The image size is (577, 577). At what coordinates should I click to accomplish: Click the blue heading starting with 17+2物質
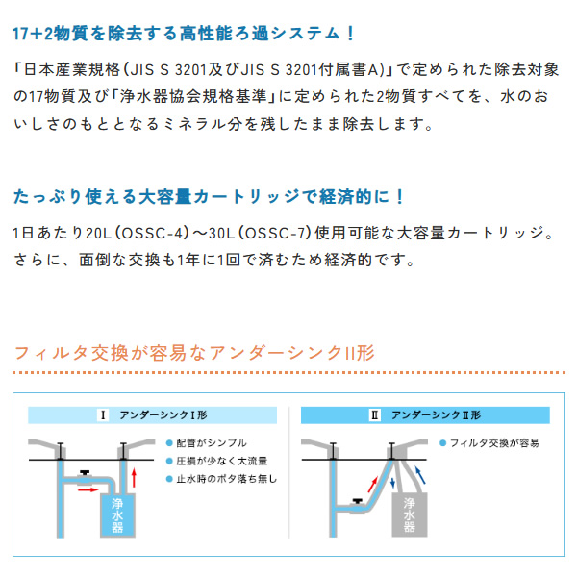[184, 34]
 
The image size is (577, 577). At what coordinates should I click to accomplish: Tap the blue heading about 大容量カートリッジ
[209, 197]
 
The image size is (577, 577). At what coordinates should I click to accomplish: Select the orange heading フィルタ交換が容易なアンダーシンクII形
[194, 353]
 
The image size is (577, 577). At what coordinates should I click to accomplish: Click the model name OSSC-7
[276, 233]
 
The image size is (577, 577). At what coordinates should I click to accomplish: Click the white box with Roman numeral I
[103, 415]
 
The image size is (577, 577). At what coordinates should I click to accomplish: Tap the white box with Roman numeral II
[375, 415]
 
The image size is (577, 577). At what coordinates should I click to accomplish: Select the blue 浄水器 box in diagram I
[117, 515]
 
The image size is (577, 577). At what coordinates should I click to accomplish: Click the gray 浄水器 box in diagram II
[410, 514]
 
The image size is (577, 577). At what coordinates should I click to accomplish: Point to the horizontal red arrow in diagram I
[88, 489]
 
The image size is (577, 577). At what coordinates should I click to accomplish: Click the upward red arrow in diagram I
[135, 478]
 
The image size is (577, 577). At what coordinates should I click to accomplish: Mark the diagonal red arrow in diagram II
[373, 485]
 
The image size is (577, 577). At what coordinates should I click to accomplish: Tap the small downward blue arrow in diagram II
[392, 482]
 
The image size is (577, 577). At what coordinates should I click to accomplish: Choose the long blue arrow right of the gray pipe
[420, 475]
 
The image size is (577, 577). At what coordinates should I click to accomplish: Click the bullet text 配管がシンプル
[212, 443]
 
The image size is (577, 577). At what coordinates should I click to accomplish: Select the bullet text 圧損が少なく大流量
[221, 461]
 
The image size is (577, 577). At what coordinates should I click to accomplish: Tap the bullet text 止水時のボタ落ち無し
[226, 479]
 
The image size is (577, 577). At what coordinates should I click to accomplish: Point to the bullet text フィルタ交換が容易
[494, 443]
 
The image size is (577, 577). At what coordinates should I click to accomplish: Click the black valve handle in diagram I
[85, 473]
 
